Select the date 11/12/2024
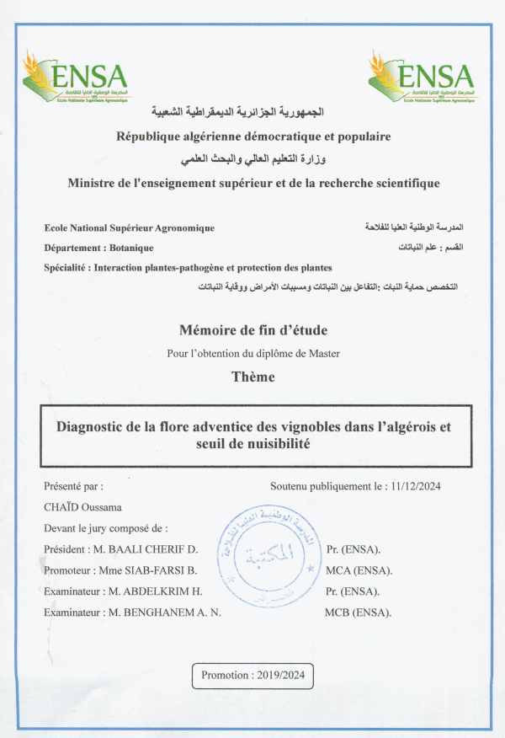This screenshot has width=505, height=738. click(x=417, y=486)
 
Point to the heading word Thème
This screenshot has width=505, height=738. click(x=252, y=377)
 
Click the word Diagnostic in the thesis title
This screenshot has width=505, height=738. click(x=89, y=426)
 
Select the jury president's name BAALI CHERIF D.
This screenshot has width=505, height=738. click(x=157, y=549)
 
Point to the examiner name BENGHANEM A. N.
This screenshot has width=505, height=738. click(x=173, y=612)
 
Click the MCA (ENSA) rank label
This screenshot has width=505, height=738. click(x=359, y=570)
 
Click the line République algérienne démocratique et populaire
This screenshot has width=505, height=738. click(x=252, y=136)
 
